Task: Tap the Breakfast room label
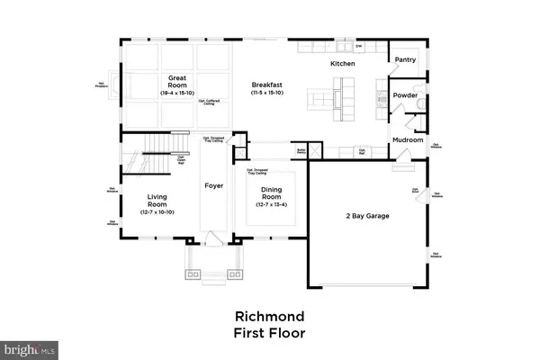click(x=269, y=84)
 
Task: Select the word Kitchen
click(x=343, y=64)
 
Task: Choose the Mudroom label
click(x=407, y=139)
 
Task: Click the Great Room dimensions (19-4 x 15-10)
click(x=171, y=93)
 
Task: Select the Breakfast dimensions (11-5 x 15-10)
click(x=269, y=94)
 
